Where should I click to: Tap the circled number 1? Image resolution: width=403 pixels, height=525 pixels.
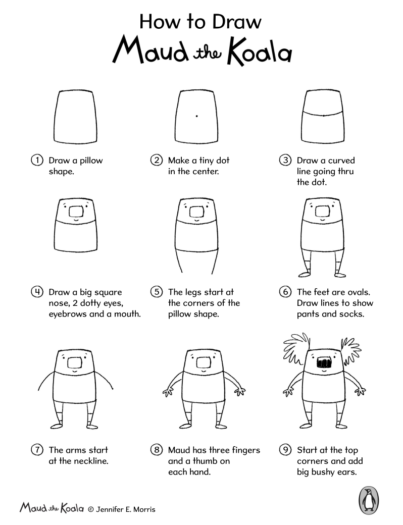tap(37, 160)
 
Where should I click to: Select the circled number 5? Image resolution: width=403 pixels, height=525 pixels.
tap(157, 292)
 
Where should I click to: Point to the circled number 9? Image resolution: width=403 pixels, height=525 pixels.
tap(285, 450)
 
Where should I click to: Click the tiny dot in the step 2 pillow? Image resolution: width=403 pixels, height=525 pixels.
tap(196, 116)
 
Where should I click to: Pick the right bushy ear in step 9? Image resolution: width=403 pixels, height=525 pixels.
tap(351, 351)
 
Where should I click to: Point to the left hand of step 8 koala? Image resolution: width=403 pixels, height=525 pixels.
tap(168, 392)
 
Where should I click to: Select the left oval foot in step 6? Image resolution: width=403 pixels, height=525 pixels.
tap(304, 274)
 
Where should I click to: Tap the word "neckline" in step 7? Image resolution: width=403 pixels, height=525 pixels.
tap(90, 461)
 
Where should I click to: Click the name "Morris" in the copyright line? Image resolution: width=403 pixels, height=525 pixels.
tap(144, 509)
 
